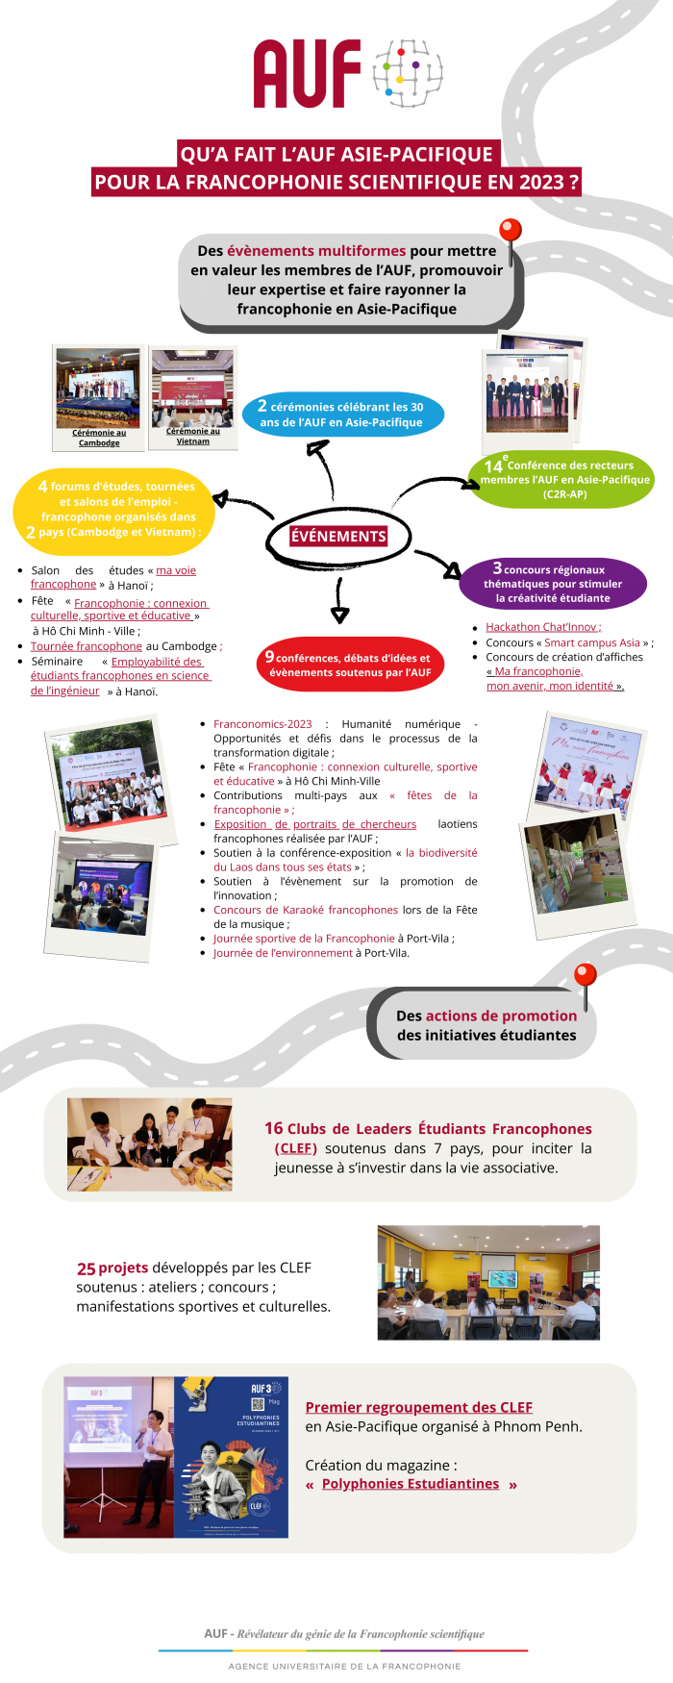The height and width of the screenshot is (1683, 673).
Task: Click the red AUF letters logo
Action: tap(307, 74)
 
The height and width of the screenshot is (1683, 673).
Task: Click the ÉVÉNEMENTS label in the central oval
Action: tap(338, 537)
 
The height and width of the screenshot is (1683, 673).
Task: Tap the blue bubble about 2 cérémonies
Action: tap(341, 414)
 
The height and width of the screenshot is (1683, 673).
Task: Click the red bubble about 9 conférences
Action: tap(350, 665)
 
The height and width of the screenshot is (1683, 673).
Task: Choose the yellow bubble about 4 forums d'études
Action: tap(114, 509)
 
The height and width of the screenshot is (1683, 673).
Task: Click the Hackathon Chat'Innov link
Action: tap(543, 627)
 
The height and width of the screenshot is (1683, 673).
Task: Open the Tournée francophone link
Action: tap(87, 646)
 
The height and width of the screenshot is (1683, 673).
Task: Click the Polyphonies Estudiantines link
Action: tap(411, 1484)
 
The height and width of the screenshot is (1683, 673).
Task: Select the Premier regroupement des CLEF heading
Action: tap(418, 1407)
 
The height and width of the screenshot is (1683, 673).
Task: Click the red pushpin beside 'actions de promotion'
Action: tap(586, 975)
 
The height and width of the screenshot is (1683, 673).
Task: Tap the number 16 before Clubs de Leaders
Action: tap(274, 1129)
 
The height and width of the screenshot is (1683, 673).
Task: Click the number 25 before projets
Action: tap(86, 1269)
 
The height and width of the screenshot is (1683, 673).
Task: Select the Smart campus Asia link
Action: tap(592, 642)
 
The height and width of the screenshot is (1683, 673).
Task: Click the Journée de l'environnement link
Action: tap(283, 953)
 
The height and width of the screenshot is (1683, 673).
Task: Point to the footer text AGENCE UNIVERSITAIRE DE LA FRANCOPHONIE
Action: tap(344, 1666)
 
